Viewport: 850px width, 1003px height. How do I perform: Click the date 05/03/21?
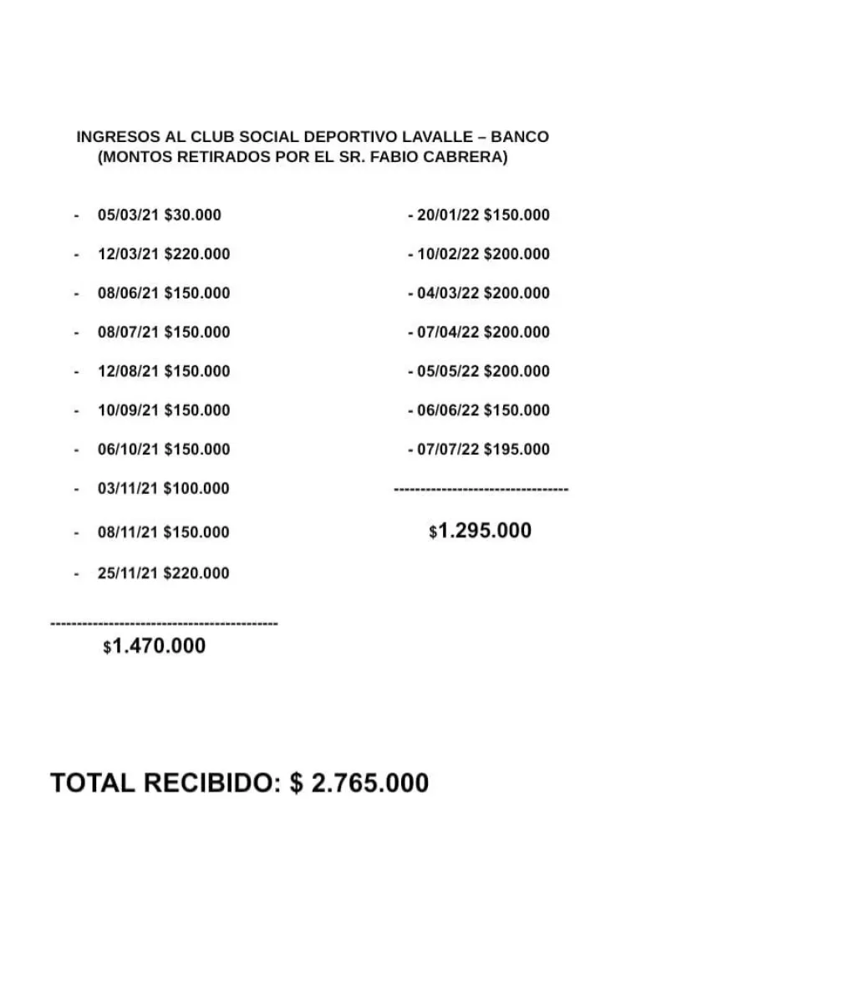pyautogui.click(x=128, y=215)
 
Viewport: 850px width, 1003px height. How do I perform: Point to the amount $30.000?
pyautogui.click(x=193, y=215)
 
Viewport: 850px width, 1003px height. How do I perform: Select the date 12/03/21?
pyautogui.click(x=128, y=254)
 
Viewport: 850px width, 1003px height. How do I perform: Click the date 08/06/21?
pyautogui.click(x=128, y=293)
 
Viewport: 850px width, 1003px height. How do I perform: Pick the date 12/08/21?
pyautogui.click(x=128, y=371)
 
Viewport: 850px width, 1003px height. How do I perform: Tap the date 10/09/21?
pyautogui.click(x=128, y=410)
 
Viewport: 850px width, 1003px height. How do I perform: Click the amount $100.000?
pyautogui.click(x=196, y=488)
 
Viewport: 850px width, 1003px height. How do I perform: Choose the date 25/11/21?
pyautogui.click(x=128, y=573)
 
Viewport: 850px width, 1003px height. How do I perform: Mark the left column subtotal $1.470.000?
pyautogui.click(x=155, y=646)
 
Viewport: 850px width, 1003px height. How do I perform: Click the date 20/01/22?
pyautogui.click(x=448, y=215)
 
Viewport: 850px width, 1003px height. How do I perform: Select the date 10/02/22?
pyautogui.click(x=448, y=254)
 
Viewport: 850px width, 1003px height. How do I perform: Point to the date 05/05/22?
pyautogui.click(x=448, y=371)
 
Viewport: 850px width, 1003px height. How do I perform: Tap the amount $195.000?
pyautogui.click(x=517, y=450)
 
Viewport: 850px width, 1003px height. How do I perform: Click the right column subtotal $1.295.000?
pyautogui.click(x=481, y=532)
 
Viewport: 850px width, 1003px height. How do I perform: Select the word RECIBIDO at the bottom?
pyautogui.click(x=209, y=783)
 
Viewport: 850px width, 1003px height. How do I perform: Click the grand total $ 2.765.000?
pyautogui.click(x=359, y=783)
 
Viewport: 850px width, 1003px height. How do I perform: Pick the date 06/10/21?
pyautogui.click(x=128, y=450)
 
